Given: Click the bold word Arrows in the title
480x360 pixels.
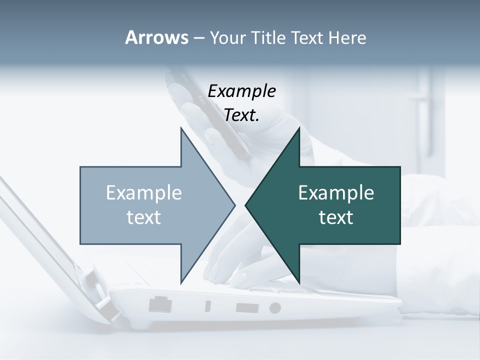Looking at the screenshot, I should (x=156, y=37).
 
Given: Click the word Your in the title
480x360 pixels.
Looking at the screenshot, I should (x=227, y=37).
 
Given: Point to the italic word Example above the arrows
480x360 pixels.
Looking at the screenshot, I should (x=242, y=91).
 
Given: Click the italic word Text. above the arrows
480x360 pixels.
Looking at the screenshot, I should (x=242, y=115).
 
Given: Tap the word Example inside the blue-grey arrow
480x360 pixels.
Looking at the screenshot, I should (x=144, y=192).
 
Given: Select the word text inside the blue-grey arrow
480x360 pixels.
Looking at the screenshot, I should (x=144, y=217).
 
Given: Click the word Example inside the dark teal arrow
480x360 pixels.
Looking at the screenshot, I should (x=336, y=192).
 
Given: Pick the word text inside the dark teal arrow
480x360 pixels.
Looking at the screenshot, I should (x=336, y=217).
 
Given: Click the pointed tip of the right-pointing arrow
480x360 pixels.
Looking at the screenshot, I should (x=234, y=204).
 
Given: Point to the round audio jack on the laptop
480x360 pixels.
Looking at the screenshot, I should (x=275, y=307).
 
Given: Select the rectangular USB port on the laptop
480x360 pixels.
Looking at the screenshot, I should (x=245, y=307).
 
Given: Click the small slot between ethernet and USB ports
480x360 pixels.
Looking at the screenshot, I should (x=208, y=306).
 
